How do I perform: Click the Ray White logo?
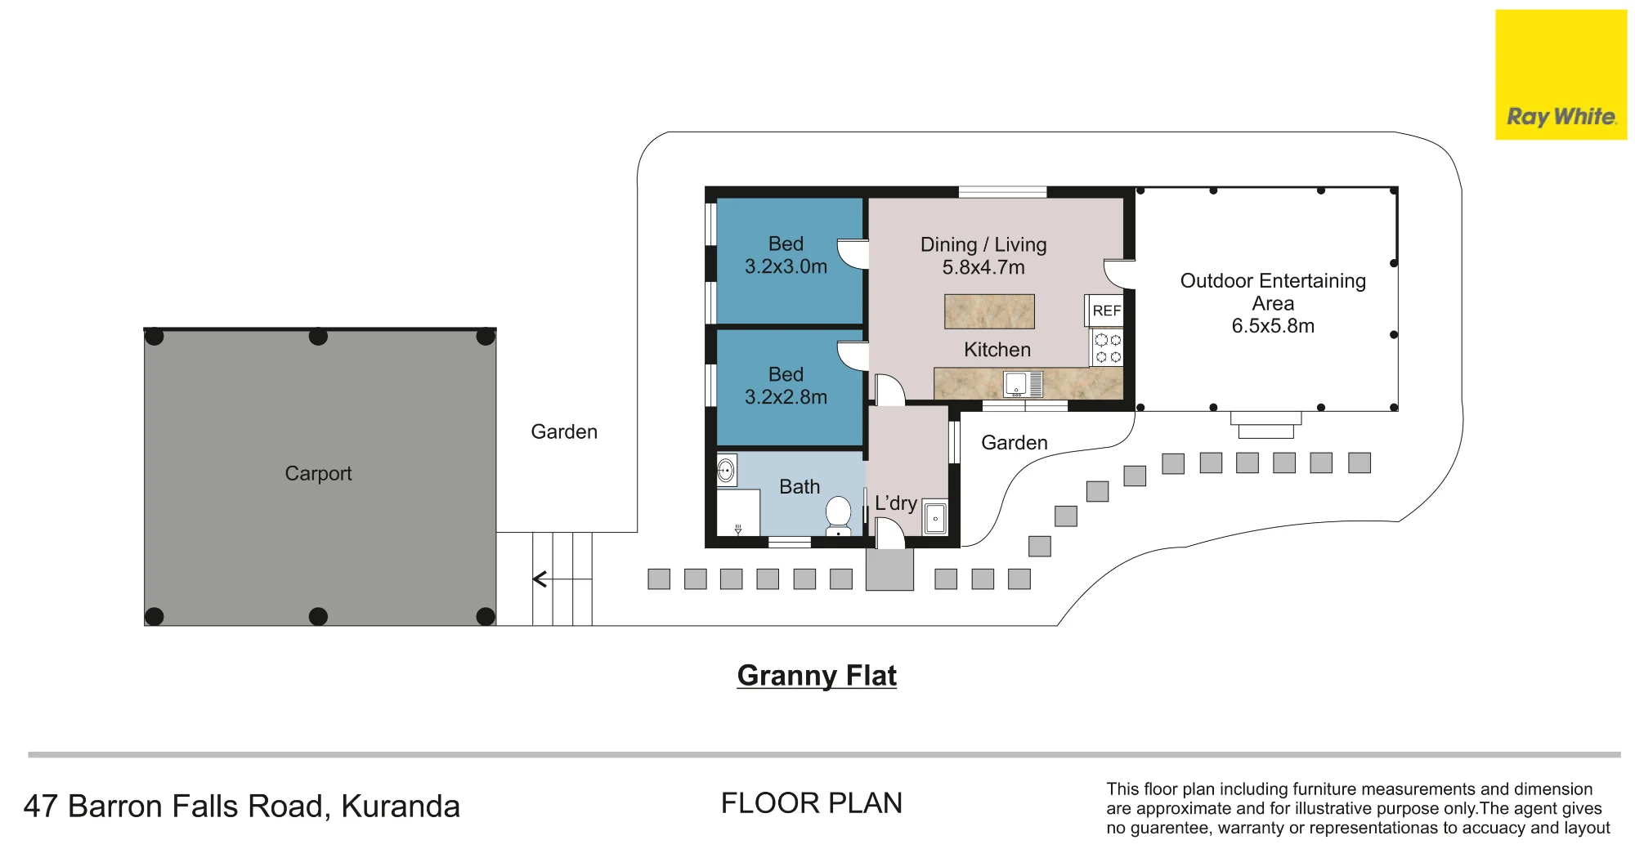(x=1561, y=74)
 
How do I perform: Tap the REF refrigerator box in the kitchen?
(x=1106, y=311)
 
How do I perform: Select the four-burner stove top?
(x=1108, y=347)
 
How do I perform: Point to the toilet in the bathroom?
(x=838, y=516)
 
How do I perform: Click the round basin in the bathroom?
(x=726, y=471)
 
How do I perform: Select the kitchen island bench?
(x=989, y=311)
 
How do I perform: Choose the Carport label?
(x=318, y=473)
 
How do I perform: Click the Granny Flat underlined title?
(x=817, y=676)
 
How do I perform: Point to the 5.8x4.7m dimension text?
(x=983, y=267)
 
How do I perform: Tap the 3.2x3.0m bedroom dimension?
(x=786, y=266)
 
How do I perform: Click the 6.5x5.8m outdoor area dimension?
(x=1273, y=326)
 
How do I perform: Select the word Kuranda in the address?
(x=401, y=807)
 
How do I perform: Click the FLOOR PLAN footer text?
(x=812, y=803)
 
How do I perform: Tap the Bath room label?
(x=800, y=487)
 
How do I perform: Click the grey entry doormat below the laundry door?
(x=889, y=570)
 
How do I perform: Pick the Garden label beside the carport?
(x=564, y=431)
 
